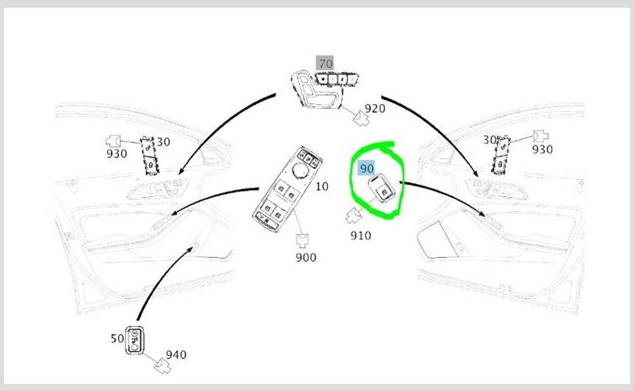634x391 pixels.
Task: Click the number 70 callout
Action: (325, 64)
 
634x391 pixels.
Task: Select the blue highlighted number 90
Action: (366, 168)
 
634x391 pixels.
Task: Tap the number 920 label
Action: (375, 108)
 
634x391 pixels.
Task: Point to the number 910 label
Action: (361, 235)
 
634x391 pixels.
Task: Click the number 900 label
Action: (306, 257)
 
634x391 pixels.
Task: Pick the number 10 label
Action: (322, 186)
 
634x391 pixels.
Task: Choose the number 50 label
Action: (117, 338)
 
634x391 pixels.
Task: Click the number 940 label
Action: (176, 355)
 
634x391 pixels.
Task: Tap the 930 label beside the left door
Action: (117, 153)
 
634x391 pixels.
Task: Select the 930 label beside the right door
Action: (542, 149)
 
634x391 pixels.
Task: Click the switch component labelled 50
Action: (135, 340)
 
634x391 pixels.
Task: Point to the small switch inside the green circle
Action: (380, 188)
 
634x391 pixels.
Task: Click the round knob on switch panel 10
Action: (301, 170)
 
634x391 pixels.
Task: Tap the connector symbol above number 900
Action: (302, 240)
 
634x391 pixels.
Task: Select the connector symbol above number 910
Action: (355, 215)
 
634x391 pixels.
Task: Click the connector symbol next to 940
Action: (163, 366)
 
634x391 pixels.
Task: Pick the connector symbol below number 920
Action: (362, 118)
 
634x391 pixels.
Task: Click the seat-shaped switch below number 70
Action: (316, 89)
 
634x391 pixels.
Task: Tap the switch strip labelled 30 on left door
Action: (149, 156)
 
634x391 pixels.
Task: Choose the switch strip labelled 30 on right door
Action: (501, 155)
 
